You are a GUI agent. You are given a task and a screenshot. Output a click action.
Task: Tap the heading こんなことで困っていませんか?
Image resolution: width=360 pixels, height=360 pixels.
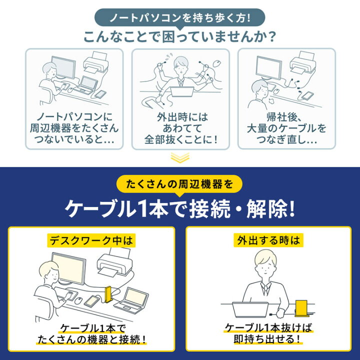[x=179, y=38]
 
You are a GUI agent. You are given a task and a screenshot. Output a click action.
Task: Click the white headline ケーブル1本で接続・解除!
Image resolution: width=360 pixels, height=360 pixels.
[x=179, y=209]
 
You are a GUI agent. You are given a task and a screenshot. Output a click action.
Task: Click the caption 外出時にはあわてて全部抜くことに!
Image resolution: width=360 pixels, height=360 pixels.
[x=180, y=128]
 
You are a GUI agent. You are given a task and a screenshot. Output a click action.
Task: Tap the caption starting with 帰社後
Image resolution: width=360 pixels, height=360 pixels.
[x=286, y=128]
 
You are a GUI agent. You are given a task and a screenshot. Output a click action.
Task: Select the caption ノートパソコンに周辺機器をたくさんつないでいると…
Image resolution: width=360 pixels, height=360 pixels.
[x=74, y=128]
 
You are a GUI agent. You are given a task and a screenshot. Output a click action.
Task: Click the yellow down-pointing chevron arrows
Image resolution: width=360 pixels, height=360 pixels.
[x=179, y=158]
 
